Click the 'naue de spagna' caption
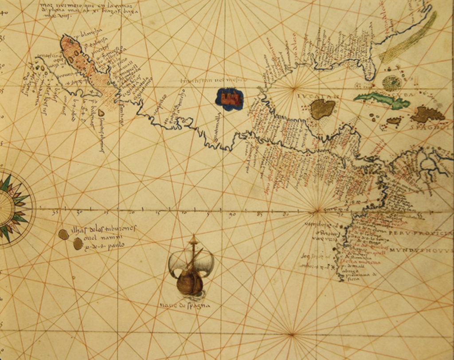coord(185,306)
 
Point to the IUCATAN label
coord(324,95)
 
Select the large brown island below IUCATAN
coord(322,109)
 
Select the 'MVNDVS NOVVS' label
coord(421,250)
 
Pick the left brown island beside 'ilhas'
coord(63,234)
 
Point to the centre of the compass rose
coord(5,207)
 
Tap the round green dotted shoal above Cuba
coord(391,82)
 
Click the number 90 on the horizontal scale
coord(232,215)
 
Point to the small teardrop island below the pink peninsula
coord(101,114)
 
